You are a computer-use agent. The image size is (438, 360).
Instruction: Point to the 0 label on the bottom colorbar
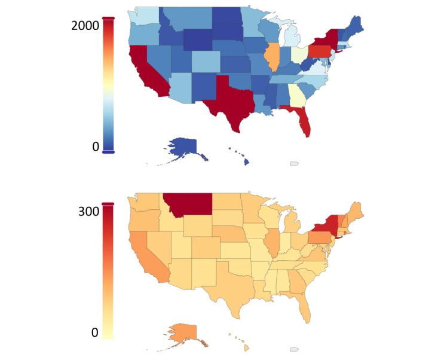click(x=94, y=332)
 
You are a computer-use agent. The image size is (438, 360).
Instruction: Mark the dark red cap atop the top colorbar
click(x=108, y=19)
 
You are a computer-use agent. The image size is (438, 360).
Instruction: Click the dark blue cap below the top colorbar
click(x=108, y=152)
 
